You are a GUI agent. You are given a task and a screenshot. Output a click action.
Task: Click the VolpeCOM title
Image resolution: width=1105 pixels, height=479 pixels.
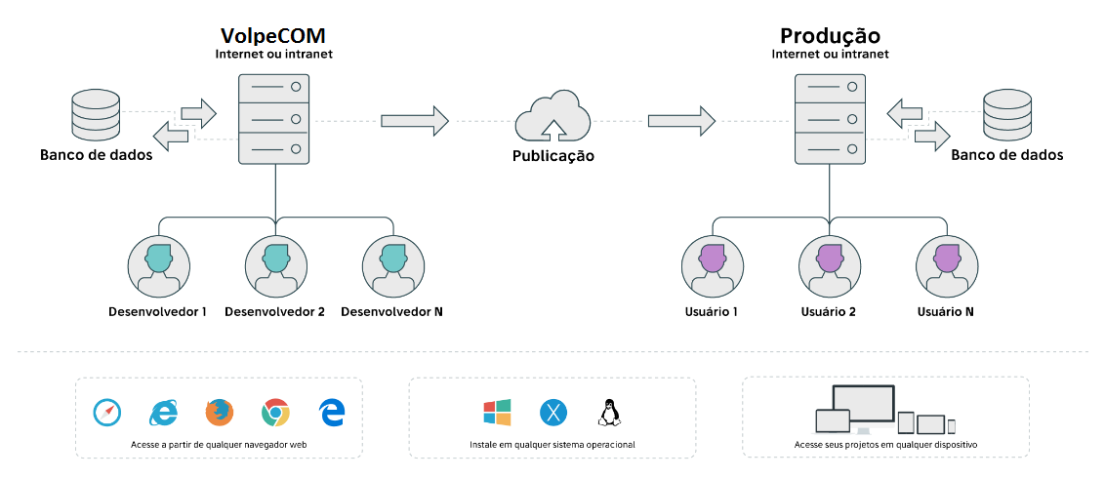273,36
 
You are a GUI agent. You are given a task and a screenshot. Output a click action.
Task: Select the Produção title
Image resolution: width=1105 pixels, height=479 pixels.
830,36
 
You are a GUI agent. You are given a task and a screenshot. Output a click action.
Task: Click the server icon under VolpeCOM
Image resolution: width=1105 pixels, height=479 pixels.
274,119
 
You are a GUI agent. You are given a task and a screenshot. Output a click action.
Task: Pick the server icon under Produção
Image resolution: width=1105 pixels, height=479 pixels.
831,119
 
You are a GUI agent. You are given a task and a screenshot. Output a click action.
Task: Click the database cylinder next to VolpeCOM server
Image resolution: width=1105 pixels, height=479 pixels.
96,115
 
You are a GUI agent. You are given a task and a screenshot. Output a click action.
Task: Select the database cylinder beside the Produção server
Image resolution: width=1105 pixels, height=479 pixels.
1007,115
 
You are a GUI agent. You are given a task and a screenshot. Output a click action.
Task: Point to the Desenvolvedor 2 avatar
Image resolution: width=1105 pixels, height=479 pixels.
274,264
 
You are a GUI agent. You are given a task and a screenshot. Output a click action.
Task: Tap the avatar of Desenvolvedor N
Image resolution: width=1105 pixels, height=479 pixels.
392,264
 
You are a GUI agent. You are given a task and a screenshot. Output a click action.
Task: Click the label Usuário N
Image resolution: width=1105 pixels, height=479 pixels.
946,312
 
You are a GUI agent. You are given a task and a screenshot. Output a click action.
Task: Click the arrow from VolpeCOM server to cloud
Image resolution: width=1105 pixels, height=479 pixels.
414,121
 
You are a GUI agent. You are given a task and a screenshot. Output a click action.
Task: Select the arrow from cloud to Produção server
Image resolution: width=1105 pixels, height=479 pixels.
680,121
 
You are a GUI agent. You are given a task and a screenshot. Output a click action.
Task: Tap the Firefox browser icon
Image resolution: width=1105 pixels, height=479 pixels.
220,413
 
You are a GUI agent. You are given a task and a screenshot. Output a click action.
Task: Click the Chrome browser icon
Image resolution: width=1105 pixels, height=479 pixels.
276,413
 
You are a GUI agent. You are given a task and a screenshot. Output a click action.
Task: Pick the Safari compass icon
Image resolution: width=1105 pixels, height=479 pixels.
107,413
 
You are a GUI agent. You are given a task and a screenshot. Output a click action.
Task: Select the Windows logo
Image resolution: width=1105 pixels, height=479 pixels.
497,413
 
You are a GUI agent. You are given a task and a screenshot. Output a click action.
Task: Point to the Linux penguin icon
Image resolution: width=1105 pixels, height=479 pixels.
609,413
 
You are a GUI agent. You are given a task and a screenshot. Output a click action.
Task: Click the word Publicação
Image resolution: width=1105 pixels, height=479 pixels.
552,156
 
